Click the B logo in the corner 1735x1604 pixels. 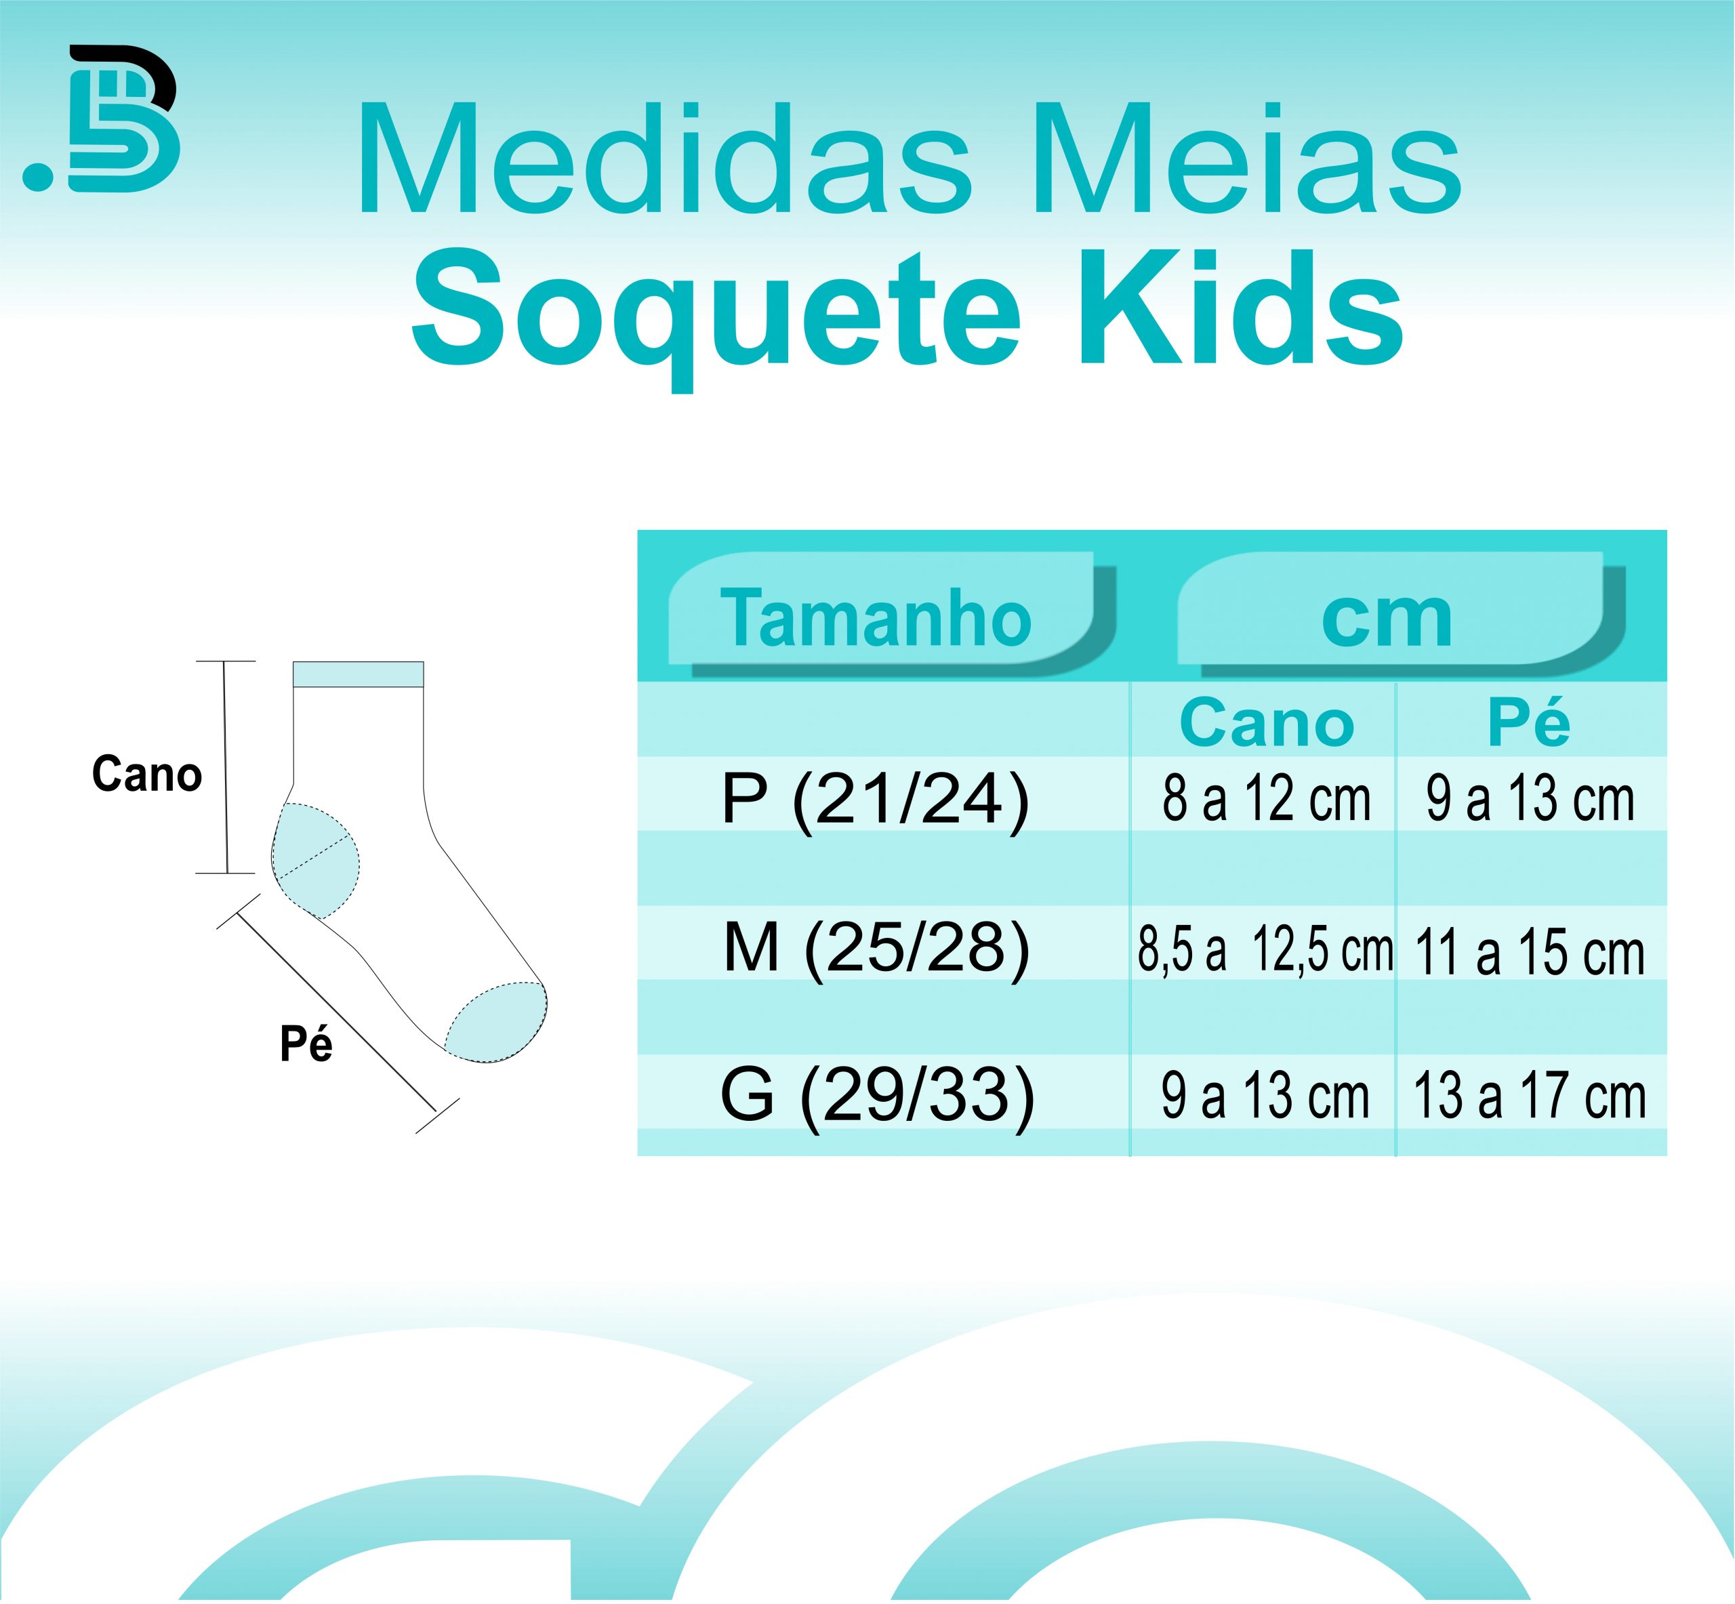pyautogui.click(x=102, y=118)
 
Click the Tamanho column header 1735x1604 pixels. pyautogui.click(x=876, y=618)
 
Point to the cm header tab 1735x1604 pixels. pyautogui.click(x=1386, y=618)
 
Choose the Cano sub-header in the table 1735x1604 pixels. pyautogui.click(x=1266, y=723)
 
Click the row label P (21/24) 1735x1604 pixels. pyautogui.click(x=875, y=800)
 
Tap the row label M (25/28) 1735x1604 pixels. pyautogui.click(x=876, y=948)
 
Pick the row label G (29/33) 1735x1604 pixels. pyautogui.click(x=878, y=1095)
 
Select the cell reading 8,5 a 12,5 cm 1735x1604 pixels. pyautogui.click(x=1265, y=949)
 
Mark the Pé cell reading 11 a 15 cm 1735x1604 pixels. pyautogui.click(x=1529, y=952)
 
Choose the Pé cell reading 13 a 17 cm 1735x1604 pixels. pyautogui.click(x=1529, y=1095)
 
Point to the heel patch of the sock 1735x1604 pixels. pyautogui.click(x=315, y=860)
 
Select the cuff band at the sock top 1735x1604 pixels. pyautogui.click(x=359, y=674)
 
